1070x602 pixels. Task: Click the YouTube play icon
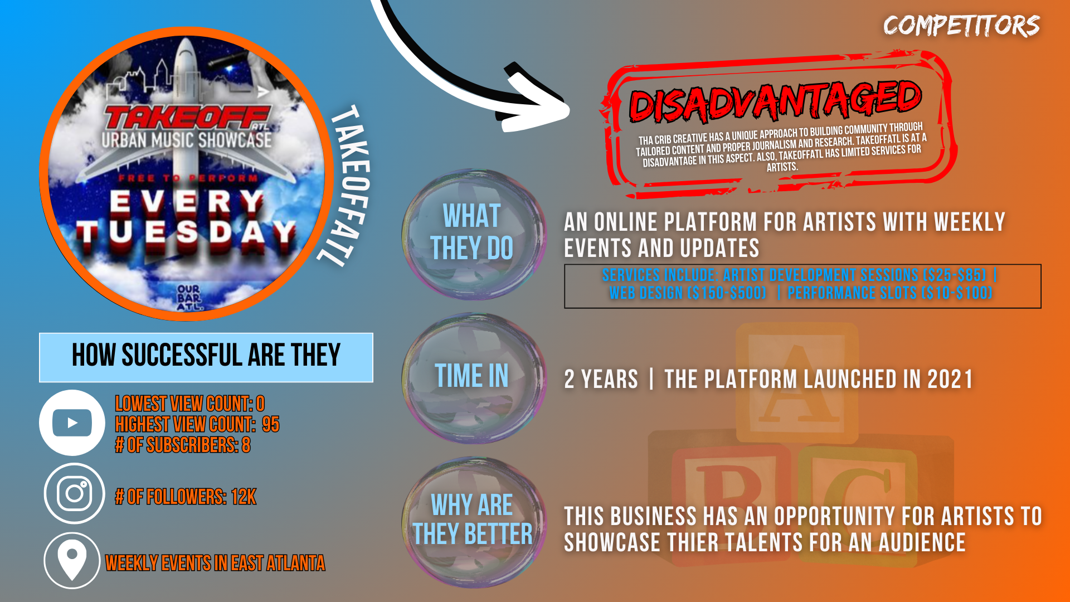[72, 423]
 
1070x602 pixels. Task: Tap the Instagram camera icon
[74, 493]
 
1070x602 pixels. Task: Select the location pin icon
[72, 561]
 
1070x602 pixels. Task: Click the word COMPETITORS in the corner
[961, 26]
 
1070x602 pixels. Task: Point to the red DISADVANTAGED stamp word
[775, 101]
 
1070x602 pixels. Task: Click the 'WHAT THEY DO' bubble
[473, 234]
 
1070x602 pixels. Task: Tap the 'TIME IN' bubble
[473, 378]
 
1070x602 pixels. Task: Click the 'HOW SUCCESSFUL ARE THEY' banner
[206, 357]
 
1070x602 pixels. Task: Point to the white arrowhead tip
[569, 109]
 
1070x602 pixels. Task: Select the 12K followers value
[244, 497]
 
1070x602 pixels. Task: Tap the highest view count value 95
[271, 425]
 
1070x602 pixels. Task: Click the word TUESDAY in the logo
[186, 233]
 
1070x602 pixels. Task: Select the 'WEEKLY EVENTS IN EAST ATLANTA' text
[215, 563]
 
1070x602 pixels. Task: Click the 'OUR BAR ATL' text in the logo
[189, 298]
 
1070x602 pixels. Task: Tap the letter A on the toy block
[797, 383]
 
